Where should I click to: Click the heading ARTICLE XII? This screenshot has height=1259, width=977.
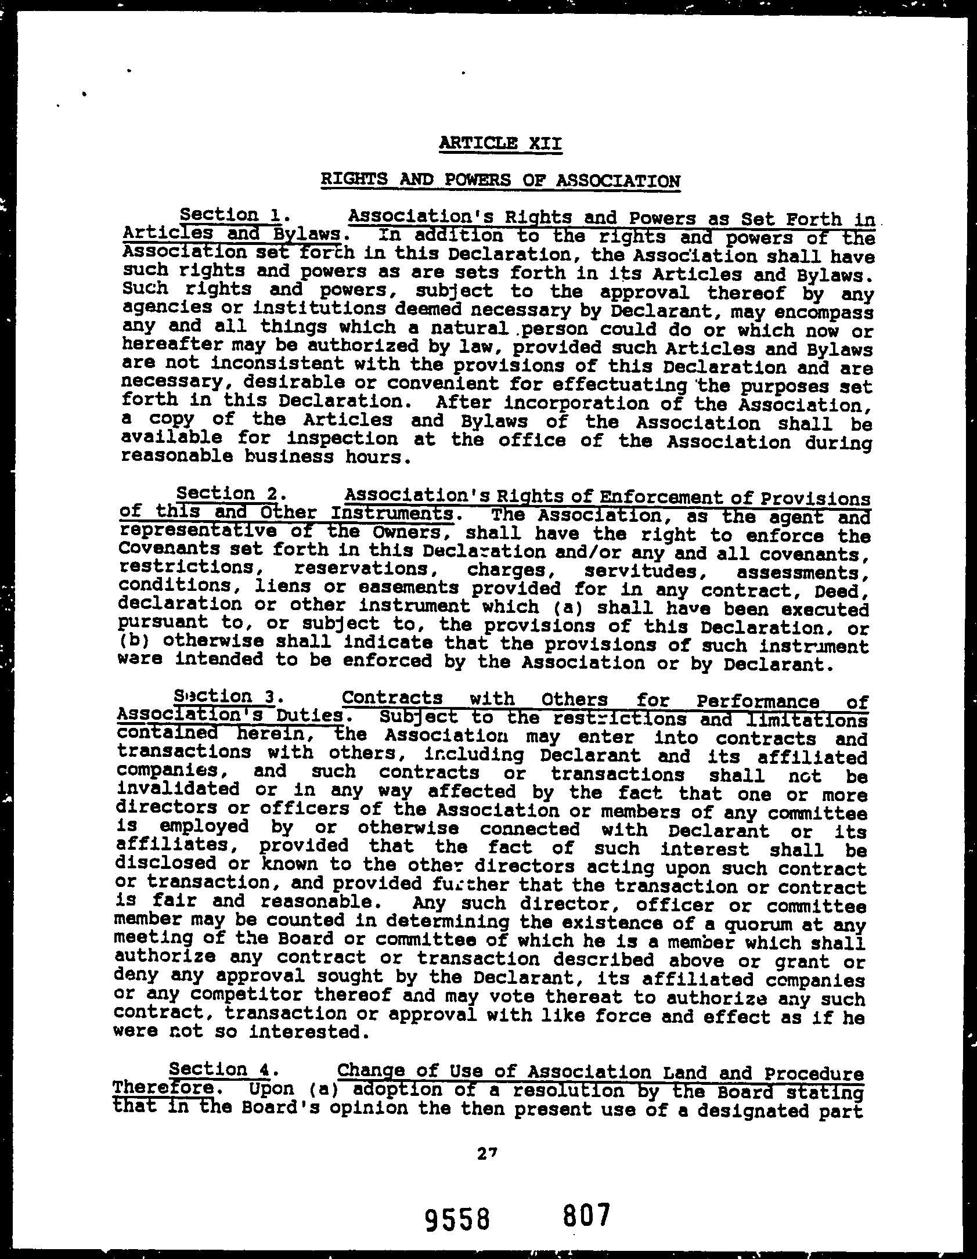(x=500, y=142)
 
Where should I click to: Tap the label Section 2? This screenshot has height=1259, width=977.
(x=228, y=494)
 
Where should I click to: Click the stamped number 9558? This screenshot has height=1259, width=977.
(x=457, y=1218)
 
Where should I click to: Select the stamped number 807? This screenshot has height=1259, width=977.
(x=587, y=1215)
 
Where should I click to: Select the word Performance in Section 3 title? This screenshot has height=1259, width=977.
(x=761, y=701)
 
